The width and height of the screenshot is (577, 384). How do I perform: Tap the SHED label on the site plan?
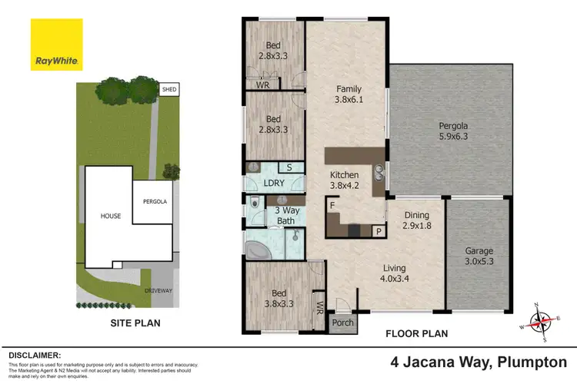(x=169, y=89)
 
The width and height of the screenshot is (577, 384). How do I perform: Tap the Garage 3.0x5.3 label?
(x=479, y=256)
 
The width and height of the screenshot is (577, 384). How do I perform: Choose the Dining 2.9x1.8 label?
(x=415, y=221)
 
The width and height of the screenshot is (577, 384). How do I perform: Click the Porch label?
(x=340, y=324)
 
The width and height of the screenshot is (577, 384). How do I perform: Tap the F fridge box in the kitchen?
(x=331, y=206)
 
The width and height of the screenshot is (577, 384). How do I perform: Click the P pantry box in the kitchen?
(x=378, y=230)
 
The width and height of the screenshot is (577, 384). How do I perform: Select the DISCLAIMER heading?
(x=35, y=356)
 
